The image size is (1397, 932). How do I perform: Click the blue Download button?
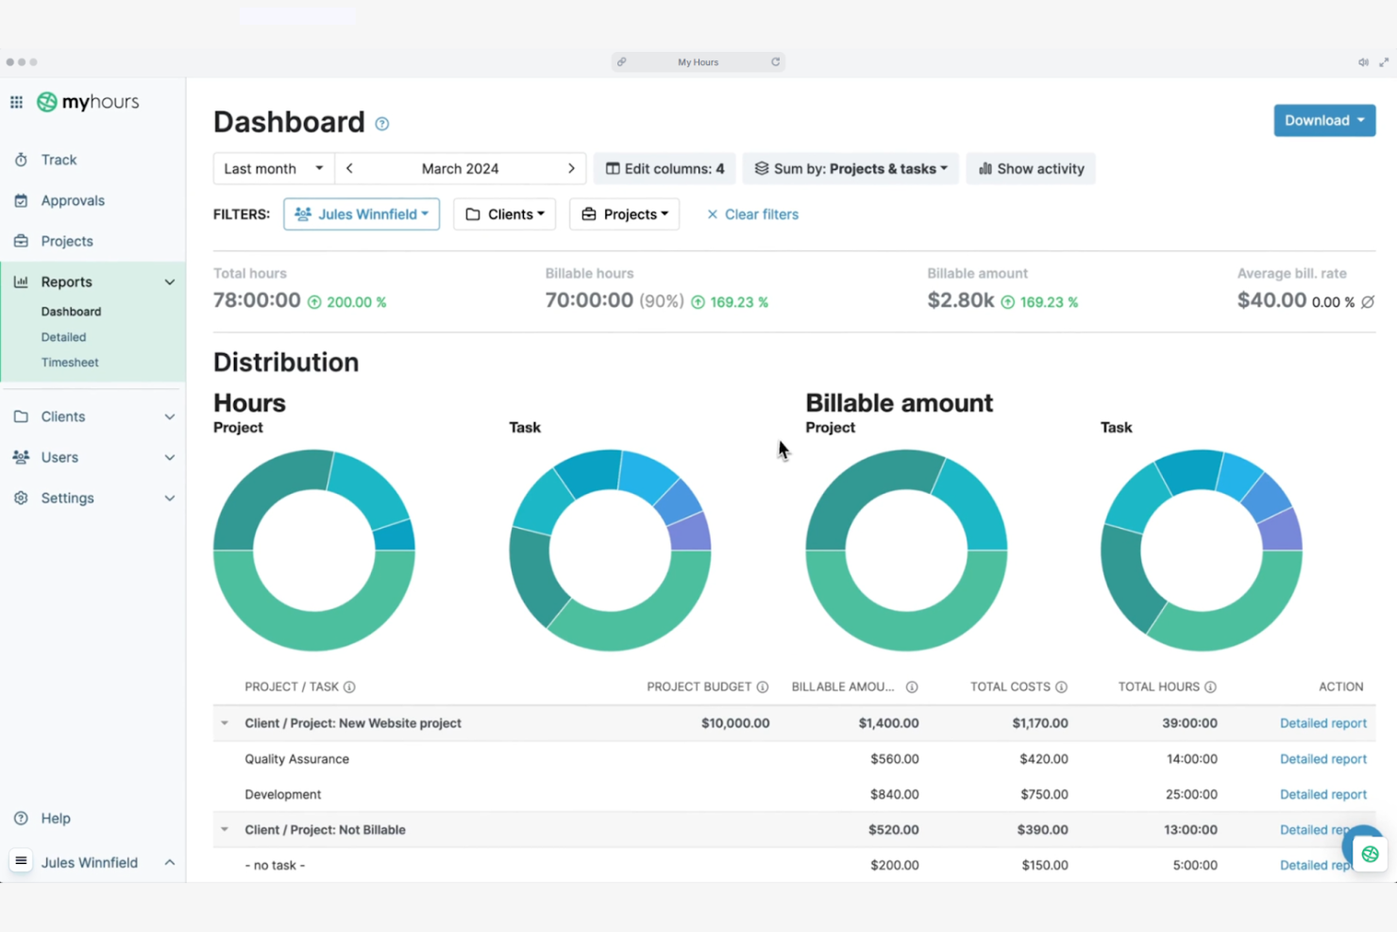(x=1324, y=121)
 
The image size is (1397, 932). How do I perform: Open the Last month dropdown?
(x=274, y=168)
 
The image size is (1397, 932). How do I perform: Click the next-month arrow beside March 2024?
(x=571, y=168)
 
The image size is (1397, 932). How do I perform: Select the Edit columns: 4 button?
(x=665, y=168)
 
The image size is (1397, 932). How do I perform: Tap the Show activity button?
(x=1031, y=168)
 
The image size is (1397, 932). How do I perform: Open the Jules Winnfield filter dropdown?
(x=362, y=214)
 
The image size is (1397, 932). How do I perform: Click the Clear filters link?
(x=752, y=214)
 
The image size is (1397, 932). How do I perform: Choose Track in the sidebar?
(x=59, y=160)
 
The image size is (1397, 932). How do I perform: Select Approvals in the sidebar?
(x=73, y=200)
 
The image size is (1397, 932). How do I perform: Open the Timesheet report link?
(x=70, y=363)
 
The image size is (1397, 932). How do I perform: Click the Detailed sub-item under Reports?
(x=63, y=337)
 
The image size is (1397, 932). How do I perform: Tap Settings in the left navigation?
(x=67, y=498)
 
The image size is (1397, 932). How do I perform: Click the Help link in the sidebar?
(x=56, y=818)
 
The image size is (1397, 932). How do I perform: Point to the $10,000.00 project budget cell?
(x=735, y=723)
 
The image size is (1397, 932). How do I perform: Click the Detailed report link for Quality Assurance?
(x=1322, y=758)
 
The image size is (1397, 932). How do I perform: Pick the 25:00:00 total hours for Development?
(x=1191, y=794)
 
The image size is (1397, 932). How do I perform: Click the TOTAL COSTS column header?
(x=1010, y=686)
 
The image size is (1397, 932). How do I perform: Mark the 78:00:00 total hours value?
(x=257, y=300)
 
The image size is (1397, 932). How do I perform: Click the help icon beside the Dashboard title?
(x=381, y=124)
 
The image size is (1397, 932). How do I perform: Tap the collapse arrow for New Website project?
(x=225, y=723)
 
